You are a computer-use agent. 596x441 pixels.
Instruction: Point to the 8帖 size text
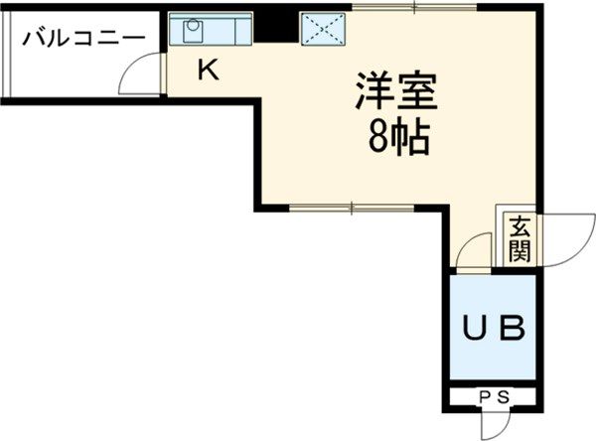pos(397,139)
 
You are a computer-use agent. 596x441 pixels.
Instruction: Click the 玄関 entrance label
pos(520,237)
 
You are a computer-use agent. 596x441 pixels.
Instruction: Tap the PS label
pos(494,397)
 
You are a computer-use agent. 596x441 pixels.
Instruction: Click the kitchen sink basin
pos(191,31)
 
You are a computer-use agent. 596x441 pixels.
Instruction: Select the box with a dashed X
pos(324,29)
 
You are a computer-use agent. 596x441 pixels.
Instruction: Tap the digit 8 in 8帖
pos(378,139)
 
